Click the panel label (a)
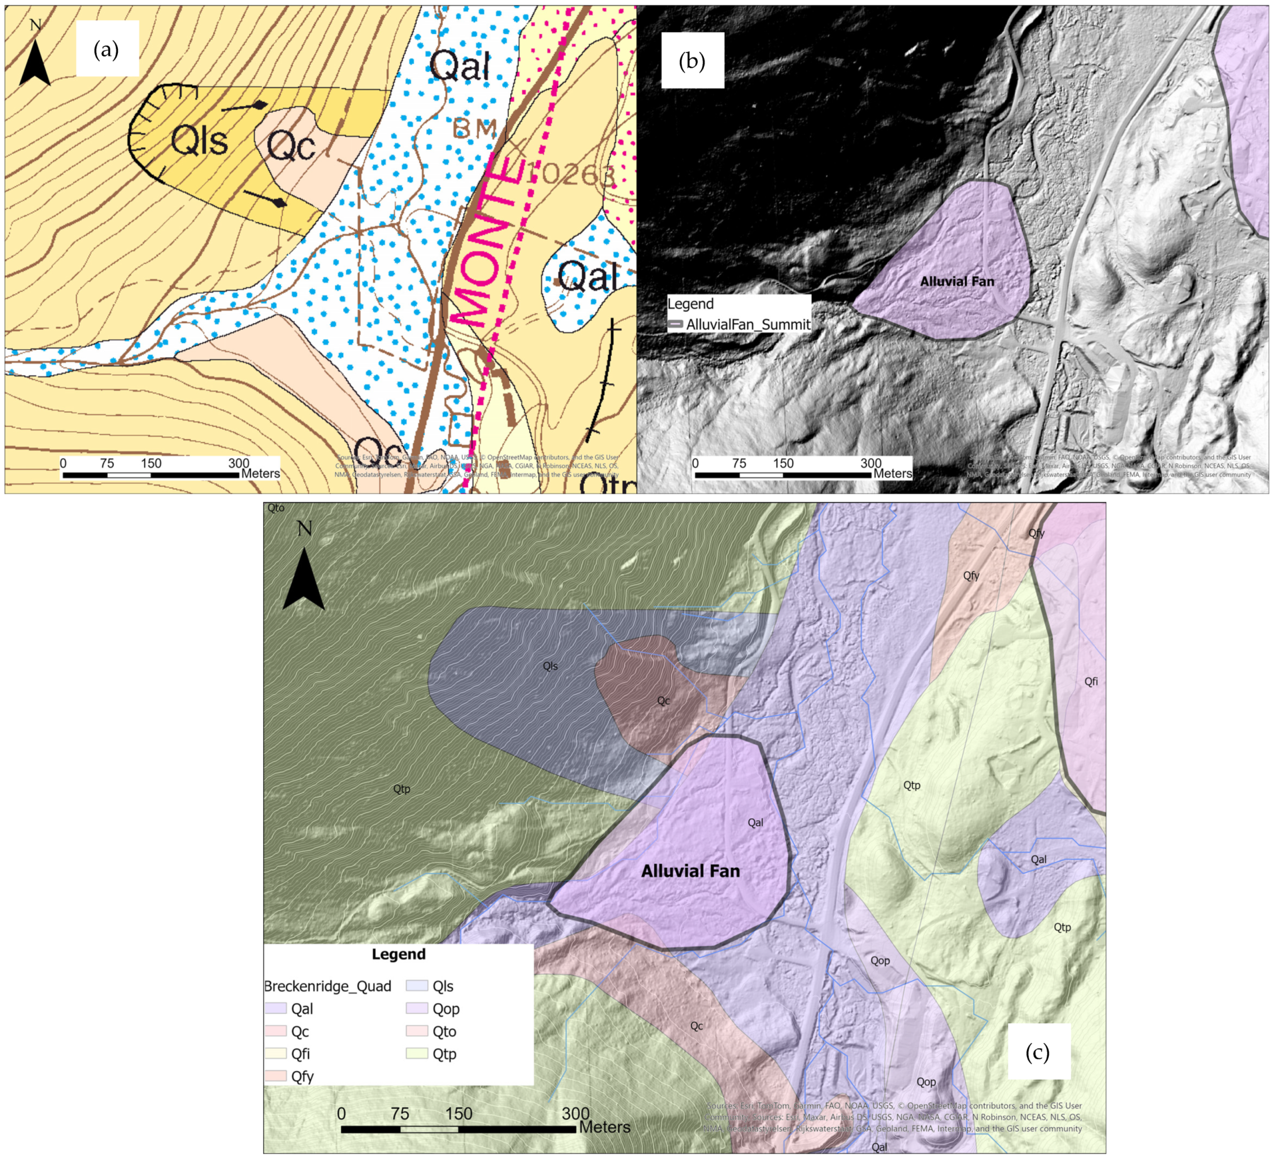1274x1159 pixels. tap(106, 49)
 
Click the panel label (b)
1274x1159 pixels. tap(691, 61)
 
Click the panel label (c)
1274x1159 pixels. tap(1038, 1052)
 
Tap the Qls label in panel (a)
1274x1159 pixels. tap(199, 140)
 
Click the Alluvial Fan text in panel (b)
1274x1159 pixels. tap(957, 281)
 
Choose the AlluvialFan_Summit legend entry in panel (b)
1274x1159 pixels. tap(739, 324)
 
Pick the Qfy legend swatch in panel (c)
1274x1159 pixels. tap(275, 1076)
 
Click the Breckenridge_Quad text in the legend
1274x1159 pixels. tap(327, 986)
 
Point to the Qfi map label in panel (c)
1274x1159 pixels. tap(1091, 681)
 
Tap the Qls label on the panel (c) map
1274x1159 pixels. tap(550, 666)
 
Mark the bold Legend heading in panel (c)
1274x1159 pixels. tap(398, 954)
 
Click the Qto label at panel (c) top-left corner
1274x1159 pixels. tap(276, 508)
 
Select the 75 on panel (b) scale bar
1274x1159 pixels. tap(739, 463)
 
